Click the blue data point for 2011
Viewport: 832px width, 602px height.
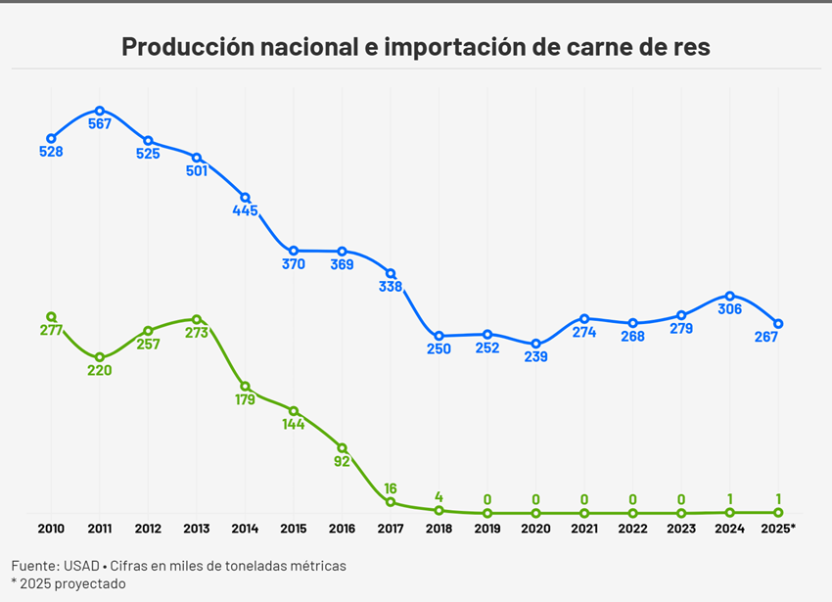[100, 111]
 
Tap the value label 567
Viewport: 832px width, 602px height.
[100, 124]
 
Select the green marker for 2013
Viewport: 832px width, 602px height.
[197, 319]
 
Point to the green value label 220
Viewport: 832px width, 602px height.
[100, 370]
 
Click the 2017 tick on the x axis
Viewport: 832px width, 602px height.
[390, 529]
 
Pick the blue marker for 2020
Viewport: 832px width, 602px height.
[535, 344]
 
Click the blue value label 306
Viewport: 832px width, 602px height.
[729, 309]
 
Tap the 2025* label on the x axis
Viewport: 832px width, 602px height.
[778, 529]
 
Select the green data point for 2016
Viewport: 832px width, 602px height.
[342, 447]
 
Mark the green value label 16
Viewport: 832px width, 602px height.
[390, 488]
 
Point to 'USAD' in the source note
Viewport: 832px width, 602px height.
[85, 566]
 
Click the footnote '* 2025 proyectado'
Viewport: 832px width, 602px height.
[69, 583]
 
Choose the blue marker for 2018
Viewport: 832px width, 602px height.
[439, 336]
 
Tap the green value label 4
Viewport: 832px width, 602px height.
[439, 496]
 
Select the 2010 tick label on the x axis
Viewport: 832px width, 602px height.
[51, 529]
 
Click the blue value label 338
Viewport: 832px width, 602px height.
[390, 287]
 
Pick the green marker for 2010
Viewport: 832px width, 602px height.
[51, 316]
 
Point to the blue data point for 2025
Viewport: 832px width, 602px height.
[778, 323]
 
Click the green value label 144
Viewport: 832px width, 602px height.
[294, 425]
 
